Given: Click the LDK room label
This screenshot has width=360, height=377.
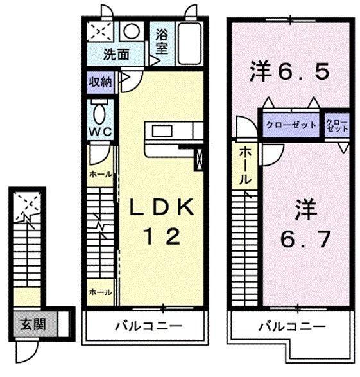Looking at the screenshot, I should click(162, 207).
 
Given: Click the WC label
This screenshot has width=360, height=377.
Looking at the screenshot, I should click(101, 132).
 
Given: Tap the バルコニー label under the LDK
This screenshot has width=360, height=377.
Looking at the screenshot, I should click(149, 326).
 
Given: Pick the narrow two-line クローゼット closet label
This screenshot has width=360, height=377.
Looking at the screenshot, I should click(337, 125).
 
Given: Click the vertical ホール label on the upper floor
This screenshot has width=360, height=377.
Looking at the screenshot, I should click(245, 166).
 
